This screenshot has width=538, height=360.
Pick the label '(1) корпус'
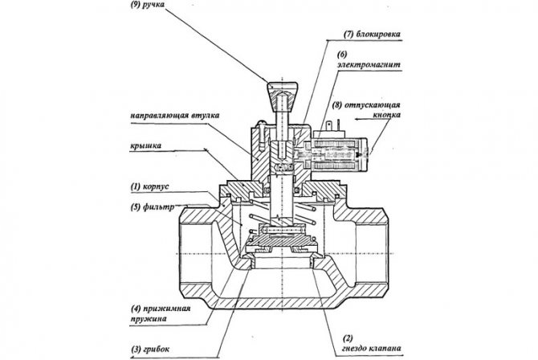[x=149, y=186]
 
